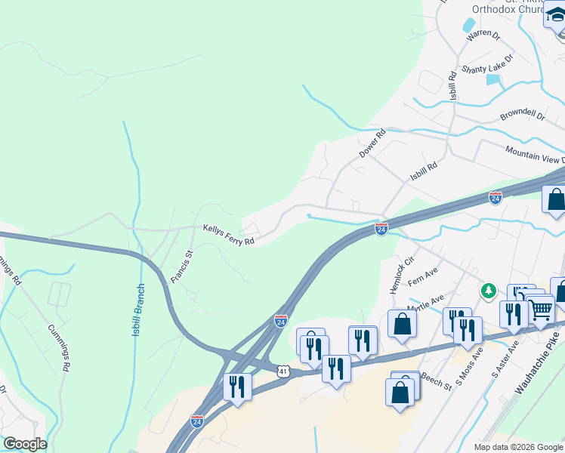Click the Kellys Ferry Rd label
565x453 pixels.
pos(228,235)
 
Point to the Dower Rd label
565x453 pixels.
pos(372,143)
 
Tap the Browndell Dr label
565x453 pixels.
pos(522,117)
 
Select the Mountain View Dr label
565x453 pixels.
pos(536,155)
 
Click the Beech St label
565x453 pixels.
pos(437,381)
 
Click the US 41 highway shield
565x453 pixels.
pos(282,371)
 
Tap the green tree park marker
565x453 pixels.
pos(489,290)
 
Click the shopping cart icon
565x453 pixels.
pos(541,308)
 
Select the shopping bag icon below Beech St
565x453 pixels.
pos(400,393)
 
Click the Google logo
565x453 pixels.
pos(24,444)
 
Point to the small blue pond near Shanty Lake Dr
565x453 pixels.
pos(493,79)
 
